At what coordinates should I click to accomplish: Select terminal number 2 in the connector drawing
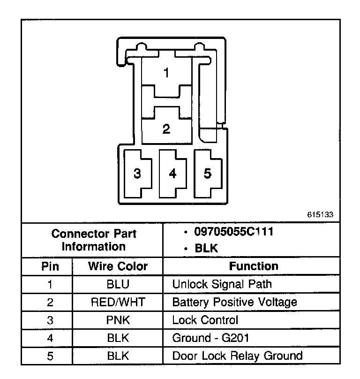pos(166,129)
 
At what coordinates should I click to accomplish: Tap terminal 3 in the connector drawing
pos(137,174)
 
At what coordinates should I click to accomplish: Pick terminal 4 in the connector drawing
pos(173,174)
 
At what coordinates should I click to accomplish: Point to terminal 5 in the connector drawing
pos(208,173)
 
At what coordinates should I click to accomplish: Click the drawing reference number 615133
pos(320,215)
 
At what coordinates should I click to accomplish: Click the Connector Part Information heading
pos(94,240)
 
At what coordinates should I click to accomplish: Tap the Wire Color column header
pos(118,266)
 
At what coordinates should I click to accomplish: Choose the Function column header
pos(254,266)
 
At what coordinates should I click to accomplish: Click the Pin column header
pos(50,266)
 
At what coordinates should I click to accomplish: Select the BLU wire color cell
pos(118,284)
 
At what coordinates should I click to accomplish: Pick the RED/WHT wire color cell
pos(118,302)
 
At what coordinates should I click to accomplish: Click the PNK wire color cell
pos(118,320)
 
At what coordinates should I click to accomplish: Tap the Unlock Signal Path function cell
pos(222,284)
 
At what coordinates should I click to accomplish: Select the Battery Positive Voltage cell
pos(234,302)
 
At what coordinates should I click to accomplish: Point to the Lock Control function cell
pos(205,320)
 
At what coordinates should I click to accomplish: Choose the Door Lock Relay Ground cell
pos(237,356)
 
